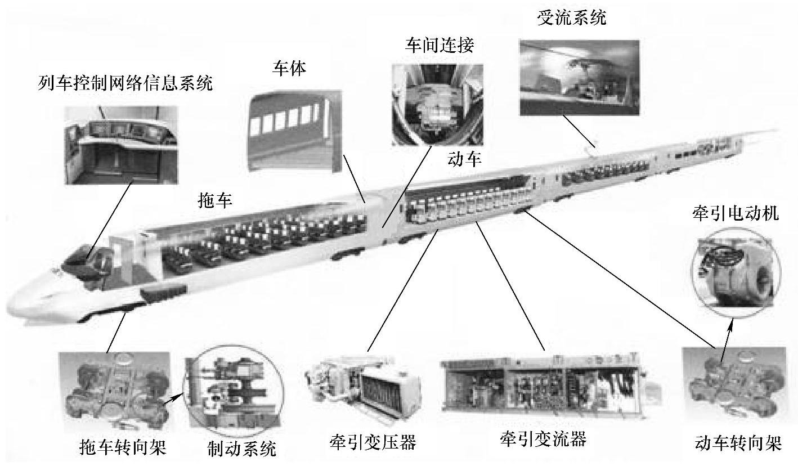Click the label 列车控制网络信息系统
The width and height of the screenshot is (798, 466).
point(125,83)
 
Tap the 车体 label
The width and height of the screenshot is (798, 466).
point(289,68)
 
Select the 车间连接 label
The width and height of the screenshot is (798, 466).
point(440,45)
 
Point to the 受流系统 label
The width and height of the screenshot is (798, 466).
point(572,17)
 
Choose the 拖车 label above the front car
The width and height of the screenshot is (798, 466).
point(215,200)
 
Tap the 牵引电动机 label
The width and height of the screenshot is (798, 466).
point(736,213)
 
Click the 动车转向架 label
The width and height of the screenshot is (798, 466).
point(738,443)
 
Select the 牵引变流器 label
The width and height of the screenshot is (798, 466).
point(543,439)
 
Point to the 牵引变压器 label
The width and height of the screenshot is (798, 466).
point(373,442)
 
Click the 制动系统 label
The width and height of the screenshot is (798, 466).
point(242,448)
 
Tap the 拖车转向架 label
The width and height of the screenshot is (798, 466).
point(123,447)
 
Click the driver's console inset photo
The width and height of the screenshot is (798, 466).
point(121,145)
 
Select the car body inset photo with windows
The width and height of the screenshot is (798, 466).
point(295,131)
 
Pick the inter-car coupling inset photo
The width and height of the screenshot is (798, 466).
point(437,105)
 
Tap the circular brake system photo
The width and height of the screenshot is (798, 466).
point(234,388)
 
